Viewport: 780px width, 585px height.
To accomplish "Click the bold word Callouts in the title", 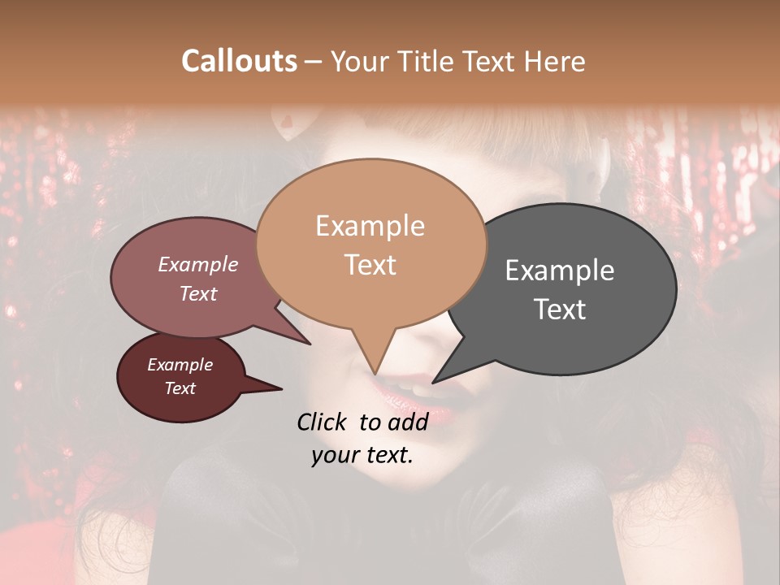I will coord(239,61).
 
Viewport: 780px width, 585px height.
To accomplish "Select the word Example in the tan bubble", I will coord(370,226).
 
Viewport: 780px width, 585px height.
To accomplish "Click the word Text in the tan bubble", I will coord(370,265).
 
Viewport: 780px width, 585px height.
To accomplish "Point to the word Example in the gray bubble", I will coord(559,271).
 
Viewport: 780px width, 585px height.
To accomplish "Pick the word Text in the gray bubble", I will coord(560,310).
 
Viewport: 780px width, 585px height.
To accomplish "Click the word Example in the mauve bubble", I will coord(197,264).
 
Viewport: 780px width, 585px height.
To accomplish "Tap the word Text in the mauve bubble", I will coord(197,294).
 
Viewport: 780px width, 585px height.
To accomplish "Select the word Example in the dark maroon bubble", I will coord(180,365).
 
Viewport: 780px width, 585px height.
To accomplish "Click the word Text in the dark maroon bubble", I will coord(180,388).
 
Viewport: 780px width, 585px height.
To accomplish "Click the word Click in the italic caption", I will coord(323,422).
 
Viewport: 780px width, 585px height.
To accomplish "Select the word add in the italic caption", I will coord(408,422).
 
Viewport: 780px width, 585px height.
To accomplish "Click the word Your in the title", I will coord(360,61).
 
